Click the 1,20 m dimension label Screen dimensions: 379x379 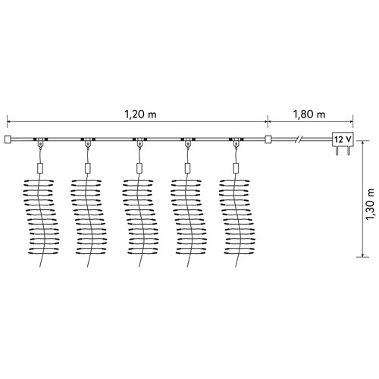point(140,114)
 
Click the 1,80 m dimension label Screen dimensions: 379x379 point(309,114)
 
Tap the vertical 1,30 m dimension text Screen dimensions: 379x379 point(370,204)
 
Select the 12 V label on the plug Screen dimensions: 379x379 point(343,139)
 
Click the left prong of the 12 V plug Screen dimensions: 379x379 point(337,151)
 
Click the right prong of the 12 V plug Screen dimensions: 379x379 point(349,151)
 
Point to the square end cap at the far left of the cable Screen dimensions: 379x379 point(8,139)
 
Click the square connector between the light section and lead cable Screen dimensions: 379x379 point(268,139)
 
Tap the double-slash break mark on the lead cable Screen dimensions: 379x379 point(299,139)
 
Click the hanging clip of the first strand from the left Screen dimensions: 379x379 point(40,143)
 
